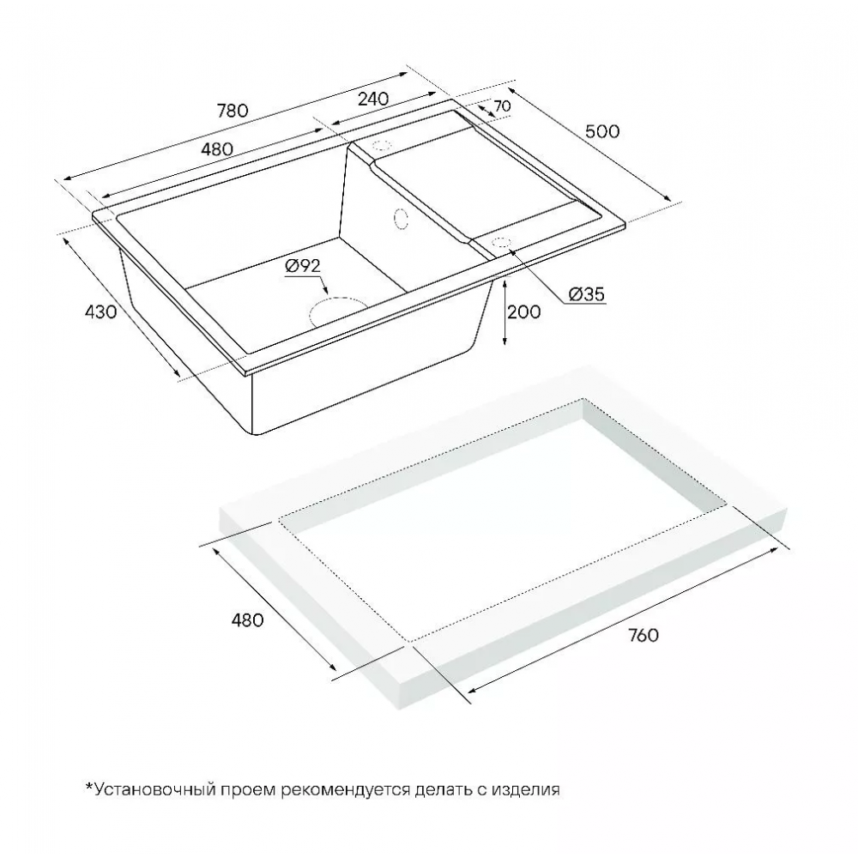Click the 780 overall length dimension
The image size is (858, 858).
point(233,111)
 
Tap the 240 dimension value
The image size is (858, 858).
point(373,99)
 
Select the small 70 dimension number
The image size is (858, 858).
point(502,106)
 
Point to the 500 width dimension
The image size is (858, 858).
point(602,131)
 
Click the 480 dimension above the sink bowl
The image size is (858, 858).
point(217,148)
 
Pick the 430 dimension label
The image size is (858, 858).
point(100,312)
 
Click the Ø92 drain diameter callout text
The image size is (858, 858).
point(303,266)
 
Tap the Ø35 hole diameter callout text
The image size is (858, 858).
point(587,294)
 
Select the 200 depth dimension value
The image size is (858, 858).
point(523,312)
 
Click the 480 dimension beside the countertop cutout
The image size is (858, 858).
point(247,620)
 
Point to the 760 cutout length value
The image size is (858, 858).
point(643,635)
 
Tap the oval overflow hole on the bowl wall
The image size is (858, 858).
point(401,218)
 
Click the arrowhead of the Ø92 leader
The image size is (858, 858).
point(325,293)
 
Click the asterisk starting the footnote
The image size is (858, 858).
point(89,786)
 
